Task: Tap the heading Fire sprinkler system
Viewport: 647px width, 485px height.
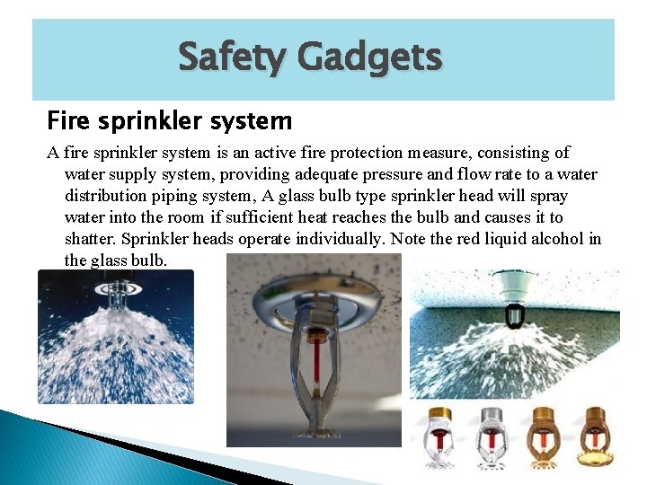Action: click(x=169, y=119)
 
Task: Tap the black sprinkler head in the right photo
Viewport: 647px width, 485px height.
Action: click(x=516, y=316)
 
